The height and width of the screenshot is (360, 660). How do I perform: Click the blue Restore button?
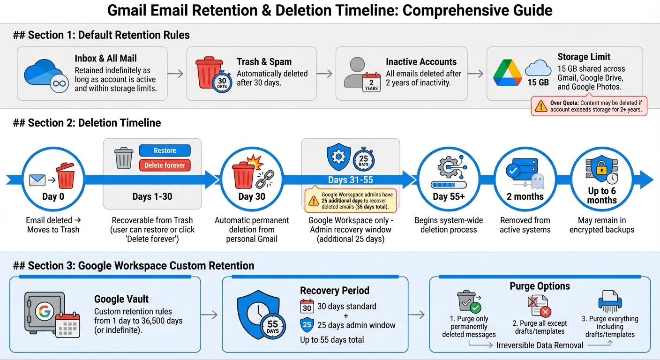tap(165, 150)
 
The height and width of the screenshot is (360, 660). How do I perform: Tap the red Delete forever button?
tap(165, 165)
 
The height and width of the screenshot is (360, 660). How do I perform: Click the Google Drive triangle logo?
tap(508, 72)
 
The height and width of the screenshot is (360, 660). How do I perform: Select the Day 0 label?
tap(53, 196)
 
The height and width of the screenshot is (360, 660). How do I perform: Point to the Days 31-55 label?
tap(351, 180)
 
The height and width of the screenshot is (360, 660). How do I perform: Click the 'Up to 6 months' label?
tap(601, 195)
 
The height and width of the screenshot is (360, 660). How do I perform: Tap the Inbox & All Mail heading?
tap(105, 59)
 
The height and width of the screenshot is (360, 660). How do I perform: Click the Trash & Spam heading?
tap(264, 62)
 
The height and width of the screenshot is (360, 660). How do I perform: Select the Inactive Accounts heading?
tap(421, 62)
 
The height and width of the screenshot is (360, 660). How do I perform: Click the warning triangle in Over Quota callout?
tap(541, 106)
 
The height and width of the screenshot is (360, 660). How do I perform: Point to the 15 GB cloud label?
tap(538, 82)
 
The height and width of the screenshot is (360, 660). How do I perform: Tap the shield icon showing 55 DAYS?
tap(259, 313)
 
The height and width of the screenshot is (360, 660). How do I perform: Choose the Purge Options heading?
tap(540, 286)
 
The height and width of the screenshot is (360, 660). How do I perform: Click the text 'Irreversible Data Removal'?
tap(540, 345)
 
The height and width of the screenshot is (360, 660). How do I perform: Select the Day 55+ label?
tap(449, 196)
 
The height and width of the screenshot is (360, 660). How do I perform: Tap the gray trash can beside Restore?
tap(124, 158)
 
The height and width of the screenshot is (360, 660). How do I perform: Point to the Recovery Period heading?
tap(334, 291)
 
